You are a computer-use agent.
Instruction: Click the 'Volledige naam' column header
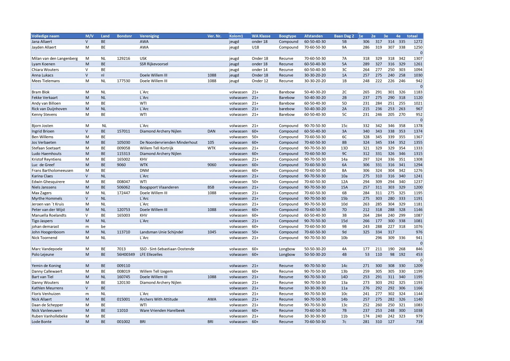45,36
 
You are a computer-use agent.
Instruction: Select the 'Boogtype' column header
287,36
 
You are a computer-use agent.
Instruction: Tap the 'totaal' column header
412,36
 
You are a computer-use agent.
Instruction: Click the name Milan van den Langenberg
55,58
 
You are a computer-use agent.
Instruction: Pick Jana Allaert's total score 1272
418,42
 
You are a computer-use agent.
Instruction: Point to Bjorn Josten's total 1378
418,126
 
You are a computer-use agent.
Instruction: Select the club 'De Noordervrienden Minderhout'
168,142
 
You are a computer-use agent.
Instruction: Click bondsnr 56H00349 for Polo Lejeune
126,254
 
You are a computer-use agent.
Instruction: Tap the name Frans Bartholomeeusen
52,170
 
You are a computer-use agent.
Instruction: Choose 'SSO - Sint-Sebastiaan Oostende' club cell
167,249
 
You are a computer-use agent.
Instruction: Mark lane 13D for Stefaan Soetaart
344,148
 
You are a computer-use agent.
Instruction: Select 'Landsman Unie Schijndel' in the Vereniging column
161,232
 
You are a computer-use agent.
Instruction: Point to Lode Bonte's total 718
419,322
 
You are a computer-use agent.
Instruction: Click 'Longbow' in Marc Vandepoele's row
287,249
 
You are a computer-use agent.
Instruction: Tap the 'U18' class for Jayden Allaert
255,47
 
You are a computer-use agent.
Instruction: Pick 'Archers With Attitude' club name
159,299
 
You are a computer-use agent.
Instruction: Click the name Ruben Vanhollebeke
50,316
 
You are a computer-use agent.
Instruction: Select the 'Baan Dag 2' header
344,36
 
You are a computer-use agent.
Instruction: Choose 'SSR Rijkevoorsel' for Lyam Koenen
154,64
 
